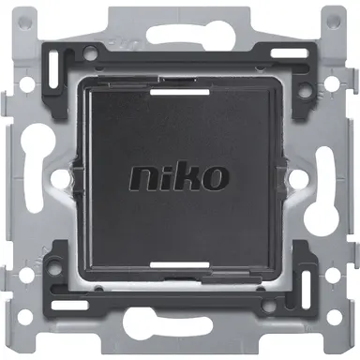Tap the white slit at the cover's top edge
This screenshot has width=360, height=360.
(179, 93)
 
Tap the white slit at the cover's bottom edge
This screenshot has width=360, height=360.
(179, 265)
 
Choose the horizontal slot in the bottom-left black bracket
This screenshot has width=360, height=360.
(81, 312)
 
